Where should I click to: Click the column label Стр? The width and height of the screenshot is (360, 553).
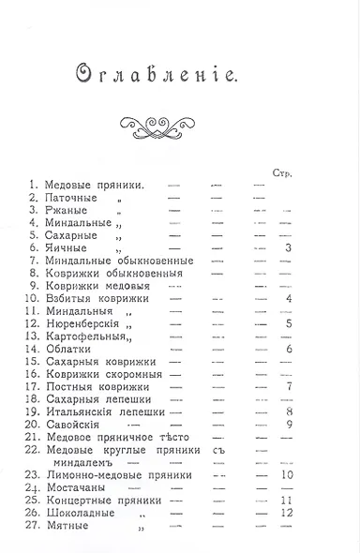point(284,174)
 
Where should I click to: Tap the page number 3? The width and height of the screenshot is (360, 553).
point(290,248)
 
